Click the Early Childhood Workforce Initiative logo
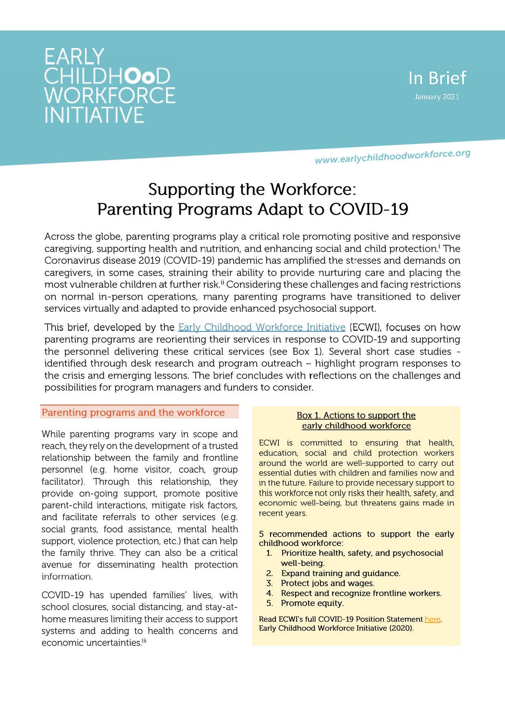point(109,85)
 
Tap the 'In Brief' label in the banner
point(437,78)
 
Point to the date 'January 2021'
point(437,97)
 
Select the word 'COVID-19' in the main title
point(368,209)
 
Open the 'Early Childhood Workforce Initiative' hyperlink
point(262,327)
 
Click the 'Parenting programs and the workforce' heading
point(133,413)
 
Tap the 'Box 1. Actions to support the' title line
point(356,415)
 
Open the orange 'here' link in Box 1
point(433,619)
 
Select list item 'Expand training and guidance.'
point(341,573)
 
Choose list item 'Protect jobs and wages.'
point(328,583)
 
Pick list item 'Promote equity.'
point(312,603)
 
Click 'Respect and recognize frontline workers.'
point(361,593)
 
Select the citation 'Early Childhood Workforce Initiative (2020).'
point(336,628)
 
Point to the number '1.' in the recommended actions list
point(269,553)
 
